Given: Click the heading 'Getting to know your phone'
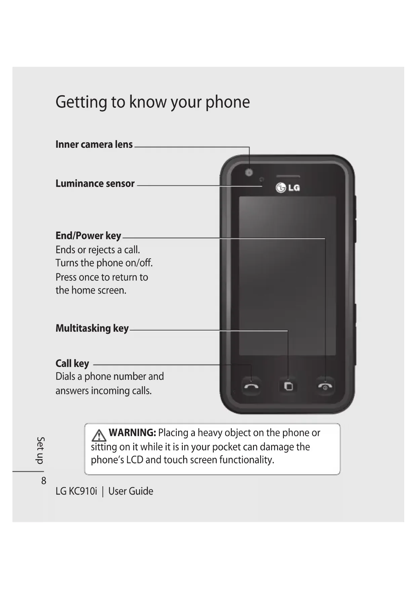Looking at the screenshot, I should [x=153, y=102].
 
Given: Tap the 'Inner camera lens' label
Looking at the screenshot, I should [x=94, y=144].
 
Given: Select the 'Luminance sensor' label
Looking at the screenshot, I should [x=95, y=184].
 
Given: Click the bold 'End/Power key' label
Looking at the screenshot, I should [x=88, y=236].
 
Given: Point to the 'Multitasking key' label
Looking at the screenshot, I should [x=92, y=328].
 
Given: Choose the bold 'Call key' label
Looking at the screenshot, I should [x=72, y=363].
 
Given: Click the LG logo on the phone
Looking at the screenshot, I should [x=288, y=188].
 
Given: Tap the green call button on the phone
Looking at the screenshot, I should [x=251, y=386].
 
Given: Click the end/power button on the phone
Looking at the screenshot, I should [x=325, y=386].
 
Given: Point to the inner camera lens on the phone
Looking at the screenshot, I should [x=249, y=173].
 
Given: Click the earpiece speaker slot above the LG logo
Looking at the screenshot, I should [x=288, y=176].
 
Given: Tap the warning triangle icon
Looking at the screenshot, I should [x=99, y=436].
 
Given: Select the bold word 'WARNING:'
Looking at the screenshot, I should [x=132, y=433].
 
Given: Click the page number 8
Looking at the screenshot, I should [x=44, y=481].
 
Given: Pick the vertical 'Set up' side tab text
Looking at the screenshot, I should [x=40, y=450].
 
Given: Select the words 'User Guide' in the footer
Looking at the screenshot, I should [x=131, y=491].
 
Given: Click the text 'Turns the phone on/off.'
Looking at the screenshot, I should [x=104, y=263].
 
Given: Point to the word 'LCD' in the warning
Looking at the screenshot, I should [x=135, y=460].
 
